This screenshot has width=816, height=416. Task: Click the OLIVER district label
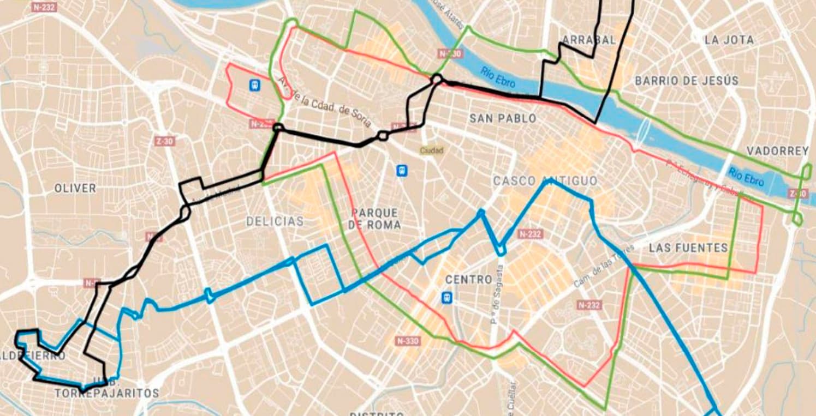point(75,188)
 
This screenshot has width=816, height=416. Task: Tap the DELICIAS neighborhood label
point(275,221)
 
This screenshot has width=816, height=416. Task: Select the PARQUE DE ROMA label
point(376,219)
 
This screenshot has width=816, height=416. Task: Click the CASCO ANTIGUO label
point(545,181)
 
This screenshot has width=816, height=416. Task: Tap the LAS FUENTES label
point(688,248)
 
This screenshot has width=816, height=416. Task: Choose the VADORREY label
point(777,151)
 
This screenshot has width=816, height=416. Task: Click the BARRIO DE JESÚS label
point(687,81)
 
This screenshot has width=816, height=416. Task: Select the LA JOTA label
point(729,40)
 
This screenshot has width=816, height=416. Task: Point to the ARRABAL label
point(588,40)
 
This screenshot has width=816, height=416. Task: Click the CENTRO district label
point(469,280)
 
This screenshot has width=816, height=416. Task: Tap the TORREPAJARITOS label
point(106,393)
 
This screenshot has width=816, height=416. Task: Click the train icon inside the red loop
point(254,85)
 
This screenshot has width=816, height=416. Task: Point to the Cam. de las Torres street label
point(604,267)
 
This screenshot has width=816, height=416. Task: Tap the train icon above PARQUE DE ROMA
point(402,171)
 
